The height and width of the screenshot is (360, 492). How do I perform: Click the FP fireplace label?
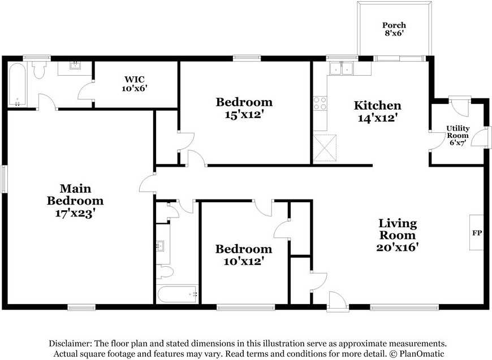(477, 232)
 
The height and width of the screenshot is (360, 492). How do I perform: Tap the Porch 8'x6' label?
(394, 29)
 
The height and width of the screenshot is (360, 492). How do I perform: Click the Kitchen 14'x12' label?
(377, 111)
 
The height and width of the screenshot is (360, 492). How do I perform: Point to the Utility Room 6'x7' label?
(458, 136)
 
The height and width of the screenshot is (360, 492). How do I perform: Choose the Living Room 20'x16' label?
(398, 235)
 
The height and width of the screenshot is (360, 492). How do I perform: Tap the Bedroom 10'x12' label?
(243, 255)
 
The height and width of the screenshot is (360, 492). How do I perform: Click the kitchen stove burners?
(320, 103)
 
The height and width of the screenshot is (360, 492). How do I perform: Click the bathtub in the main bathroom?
(17, 85)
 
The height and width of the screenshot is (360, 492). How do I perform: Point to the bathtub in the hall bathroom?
(178, 294)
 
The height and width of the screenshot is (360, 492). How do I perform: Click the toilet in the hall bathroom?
(165, 272)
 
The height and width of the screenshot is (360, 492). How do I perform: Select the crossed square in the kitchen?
(325, 148)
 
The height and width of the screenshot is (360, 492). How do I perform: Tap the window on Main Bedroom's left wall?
(4, 179)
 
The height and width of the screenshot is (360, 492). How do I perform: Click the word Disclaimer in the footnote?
(70, 344)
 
